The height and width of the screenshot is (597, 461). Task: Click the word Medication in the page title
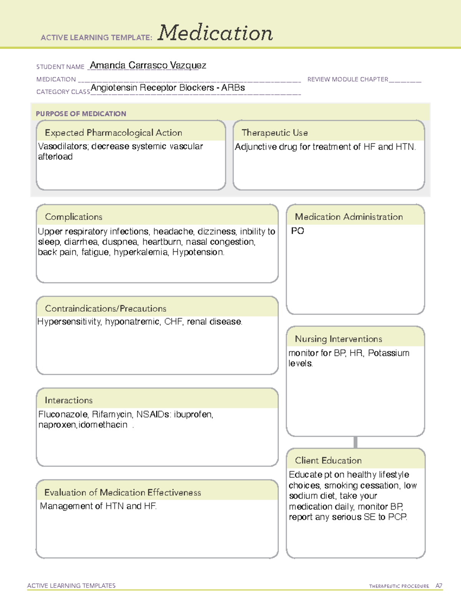click(x=215, y=33)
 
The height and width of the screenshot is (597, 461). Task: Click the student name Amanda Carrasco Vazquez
click(x=148, y=65)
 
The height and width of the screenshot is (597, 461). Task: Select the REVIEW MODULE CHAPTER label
click(x=348, y=79)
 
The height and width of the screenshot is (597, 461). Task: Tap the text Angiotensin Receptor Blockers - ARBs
click(x=167, y=88)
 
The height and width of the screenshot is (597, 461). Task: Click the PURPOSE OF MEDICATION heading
click(x=81, y=114)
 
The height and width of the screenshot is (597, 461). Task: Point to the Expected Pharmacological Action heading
click(x=113, y=133)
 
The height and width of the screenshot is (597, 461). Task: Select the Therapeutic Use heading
click(x=275, y=133)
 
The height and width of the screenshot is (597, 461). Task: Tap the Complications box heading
click(x=74, y=217)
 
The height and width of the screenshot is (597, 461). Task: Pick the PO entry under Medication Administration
click(x=298, y=231)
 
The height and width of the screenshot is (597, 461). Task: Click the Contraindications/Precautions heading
click(x=106, y=308)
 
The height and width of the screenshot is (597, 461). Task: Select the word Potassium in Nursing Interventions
click(x=388, y=353)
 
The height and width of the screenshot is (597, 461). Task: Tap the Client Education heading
click(x=328, y=461)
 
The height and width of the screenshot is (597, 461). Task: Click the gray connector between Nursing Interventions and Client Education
click(x=355, y=442)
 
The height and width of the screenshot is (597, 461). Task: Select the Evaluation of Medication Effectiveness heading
click(x=123, y=492)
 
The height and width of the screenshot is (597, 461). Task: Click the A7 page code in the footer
click(x=439, y=586)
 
